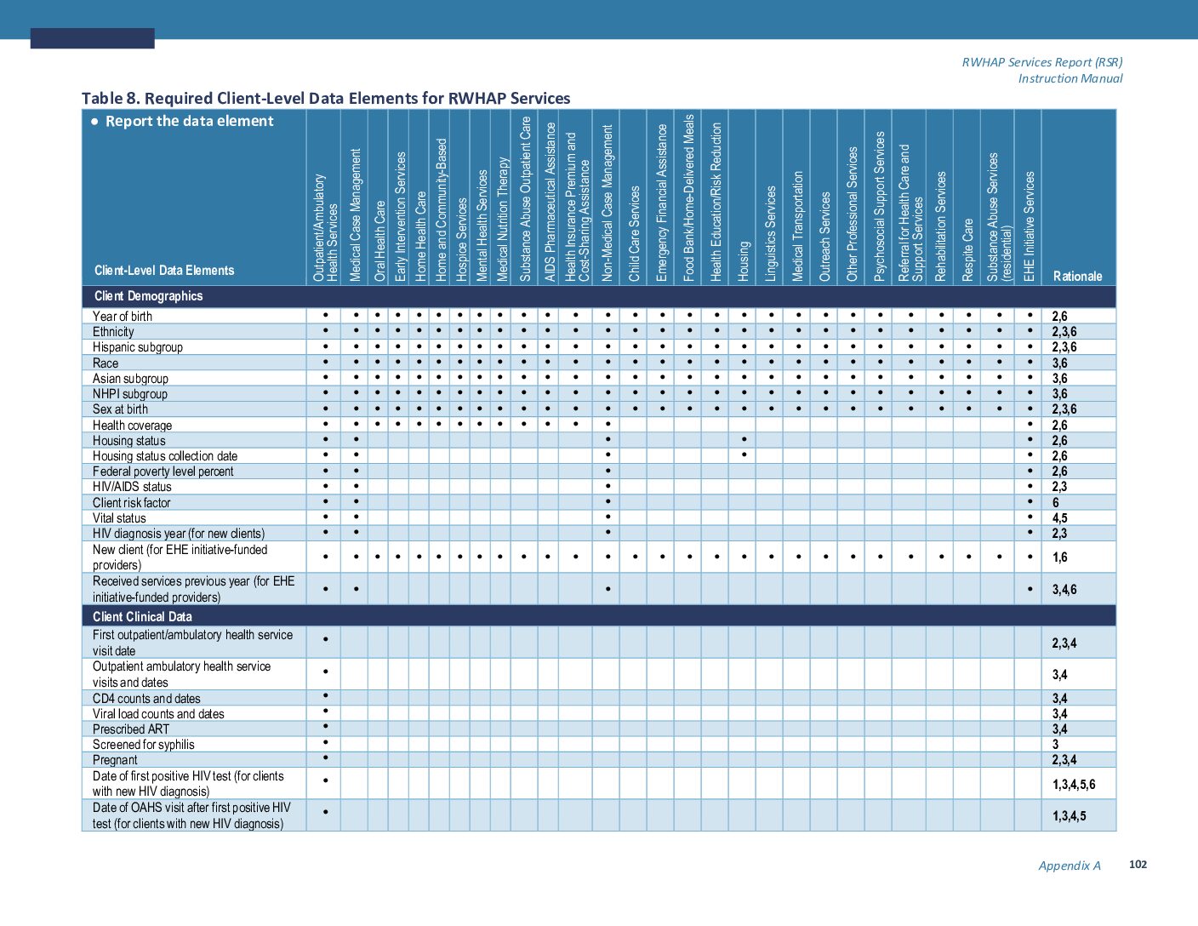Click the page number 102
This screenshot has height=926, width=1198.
coord(1138,864)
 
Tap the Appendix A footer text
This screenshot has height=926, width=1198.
coord(1070,866)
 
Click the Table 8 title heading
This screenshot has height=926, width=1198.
coord(326,98)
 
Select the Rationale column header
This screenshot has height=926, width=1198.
coord(1077,276)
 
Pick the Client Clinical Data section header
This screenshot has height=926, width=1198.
coord(142,616)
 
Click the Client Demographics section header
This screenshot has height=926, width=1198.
coord(148,296)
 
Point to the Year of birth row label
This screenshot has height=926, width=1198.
coord(123,317)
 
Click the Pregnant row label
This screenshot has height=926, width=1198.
coord(115,760)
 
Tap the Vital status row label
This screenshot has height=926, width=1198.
coord(119,518)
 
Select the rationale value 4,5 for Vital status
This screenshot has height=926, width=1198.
coord(1059,518)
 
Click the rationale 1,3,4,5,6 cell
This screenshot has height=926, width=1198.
coord(1074,784)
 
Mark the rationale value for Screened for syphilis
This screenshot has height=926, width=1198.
coord(1056,745)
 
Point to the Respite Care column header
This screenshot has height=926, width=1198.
coord(967,249)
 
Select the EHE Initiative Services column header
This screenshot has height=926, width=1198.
coord(1030,226)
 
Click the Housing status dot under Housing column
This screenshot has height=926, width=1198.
coord(744,439)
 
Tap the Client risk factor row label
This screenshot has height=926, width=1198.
coord(132,503)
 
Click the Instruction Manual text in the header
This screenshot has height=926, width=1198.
coord(1070,78)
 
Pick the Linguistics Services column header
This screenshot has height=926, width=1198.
coord(771,233)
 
